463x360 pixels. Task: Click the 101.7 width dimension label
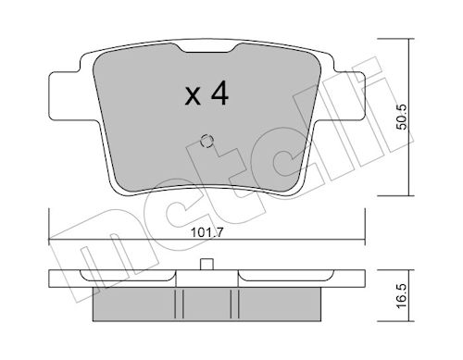coord(206,232)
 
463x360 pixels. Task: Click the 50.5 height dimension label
coord(402,117)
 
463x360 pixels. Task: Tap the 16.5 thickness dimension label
coord(402,296)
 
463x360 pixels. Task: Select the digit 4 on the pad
coord(219,93)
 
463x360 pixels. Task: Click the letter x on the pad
coord(193,96)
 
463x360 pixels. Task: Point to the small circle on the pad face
coord(206,142)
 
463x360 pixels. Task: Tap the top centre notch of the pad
coord(207,48)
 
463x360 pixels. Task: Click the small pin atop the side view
coord(206,265)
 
